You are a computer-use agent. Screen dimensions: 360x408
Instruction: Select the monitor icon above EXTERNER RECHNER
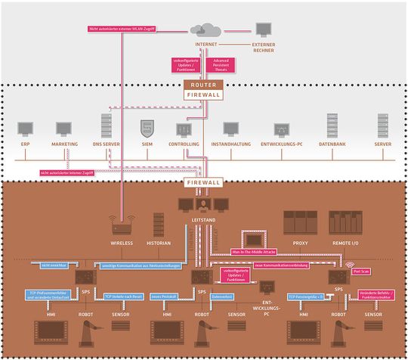[x=262, y=29]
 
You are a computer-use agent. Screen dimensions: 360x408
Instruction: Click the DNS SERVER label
[x=106, y=143]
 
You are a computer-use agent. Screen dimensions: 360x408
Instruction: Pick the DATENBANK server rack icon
[x=332, y=124]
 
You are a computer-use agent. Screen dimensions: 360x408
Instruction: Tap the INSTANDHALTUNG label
[x=230, y=143]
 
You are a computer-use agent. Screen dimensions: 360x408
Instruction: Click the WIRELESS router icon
[x=122, y=226]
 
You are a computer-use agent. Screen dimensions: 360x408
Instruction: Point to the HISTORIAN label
[x=159, y=244]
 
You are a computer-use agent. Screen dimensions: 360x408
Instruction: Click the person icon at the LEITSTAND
[x=202, y=204]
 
